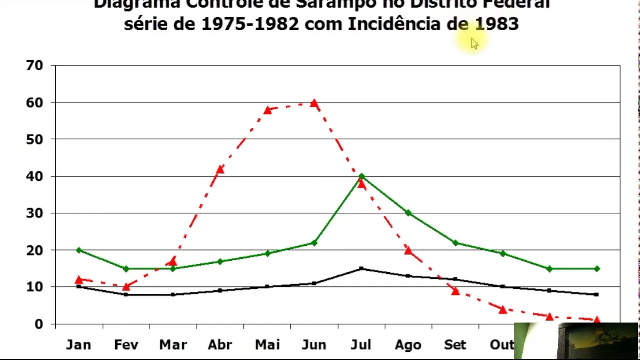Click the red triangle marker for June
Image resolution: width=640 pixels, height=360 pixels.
pos(314,103)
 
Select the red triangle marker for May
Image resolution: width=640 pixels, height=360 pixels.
pos(267,110)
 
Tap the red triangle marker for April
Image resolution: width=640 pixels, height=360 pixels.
pos(220,169)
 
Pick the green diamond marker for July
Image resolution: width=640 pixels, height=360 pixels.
pos(361,176)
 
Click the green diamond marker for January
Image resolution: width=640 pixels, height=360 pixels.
pos(79,250)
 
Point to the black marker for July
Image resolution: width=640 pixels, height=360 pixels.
pos(361,269)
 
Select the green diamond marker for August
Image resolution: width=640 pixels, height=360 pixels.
pos(408,213)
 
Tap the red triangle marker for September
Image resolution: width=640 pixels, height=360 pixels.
pos(455,291)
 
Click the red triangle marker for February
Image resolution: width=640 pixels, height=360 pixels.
pos(126,287)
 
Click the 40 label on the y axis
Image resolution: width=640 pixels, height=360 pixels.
pos(35,176)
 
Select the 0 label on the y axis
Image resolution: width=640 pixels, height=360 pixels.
pos(39,324)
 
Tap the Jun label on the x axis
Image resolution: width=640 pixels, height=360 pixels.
pos(314,345)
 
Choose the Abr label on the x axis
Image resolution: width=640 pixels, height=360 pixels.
pos(220,345)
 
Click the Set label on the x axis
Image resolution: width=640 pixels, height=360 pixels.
pos(455,345)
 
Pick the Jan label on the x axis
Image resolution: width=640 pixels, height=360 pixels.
pos(79,345)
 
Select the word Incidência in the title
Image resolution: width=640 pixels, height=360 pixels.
pos(397,24)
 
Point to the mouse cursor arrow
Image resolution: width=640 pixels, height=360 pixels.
pos(474,43)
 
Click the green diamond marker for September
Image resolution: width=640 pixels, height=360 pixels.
pos(455,243)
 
